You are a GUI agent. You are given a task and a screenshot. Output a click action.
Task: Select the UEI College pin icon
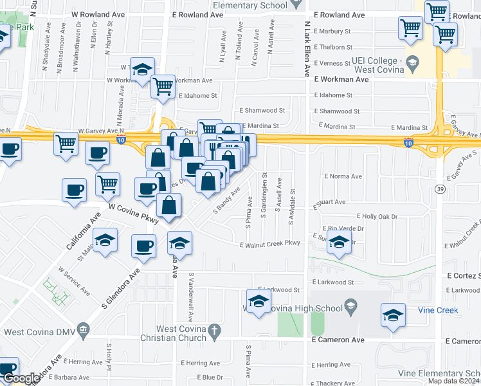coord(412,63)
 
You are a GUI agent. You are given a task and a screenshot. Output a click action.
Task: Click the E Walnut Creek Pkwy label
coord(270,244)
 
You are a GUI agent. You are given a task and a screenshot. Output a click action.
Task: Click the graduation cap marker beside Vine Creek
coord(393,315)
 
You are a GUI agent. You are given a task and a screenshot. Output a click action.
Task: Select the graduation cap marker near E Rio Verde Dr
coord(339,244)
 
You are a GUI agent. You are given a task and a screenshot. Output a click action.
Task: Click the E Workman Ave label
coord(341,79)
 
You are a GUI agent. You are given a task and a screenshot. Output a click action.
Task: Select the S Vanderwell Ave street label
coord(191,297)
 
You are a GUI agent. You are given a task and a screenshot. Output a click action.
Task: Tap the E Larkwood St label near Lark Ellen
coord(332,282)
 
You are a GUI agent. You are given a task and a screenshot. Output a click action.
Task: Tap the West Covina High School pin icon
coord(350,307)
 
